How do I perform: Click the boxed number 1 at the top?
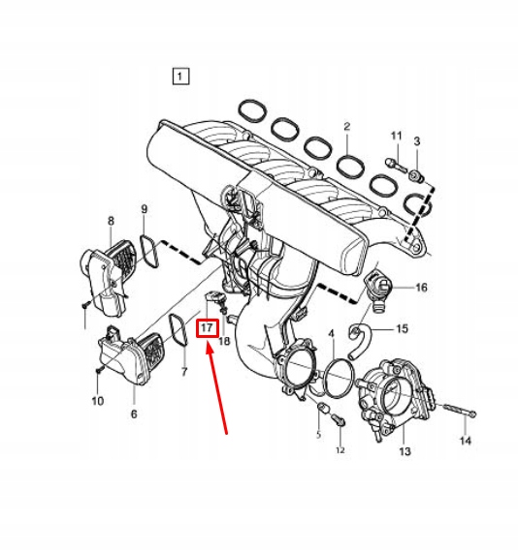click(180, 77)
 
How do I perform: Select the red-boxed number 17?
click(208, 328)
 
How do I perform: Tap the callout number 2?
click(347, 127)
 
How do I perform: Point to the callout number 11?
click(396, 136)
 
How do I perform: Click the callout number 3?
click(417, 141)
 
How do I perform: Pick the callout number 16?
click(421, 288)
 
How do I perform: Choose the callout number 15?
click(402, 329)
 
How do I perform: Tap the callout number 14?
click(466, 441)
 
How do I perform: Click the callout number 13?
click(405, 451)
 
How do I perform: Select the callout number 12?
click(340, 450)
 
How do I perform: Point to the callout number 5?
click(318, 435)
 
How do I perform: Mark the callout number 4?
click(331, 333)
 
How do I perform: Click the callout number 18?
click(224, 341)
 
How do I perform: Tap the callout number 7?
click(184, 372)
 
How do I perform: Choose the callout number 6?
click(134, 413)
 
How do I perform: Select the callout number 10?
click(97, 401)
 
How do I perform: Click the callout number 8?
click(111, 221)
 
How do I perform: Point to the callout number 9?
click(145, 209)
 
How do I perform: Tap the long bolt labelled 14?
click(458, 410)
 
